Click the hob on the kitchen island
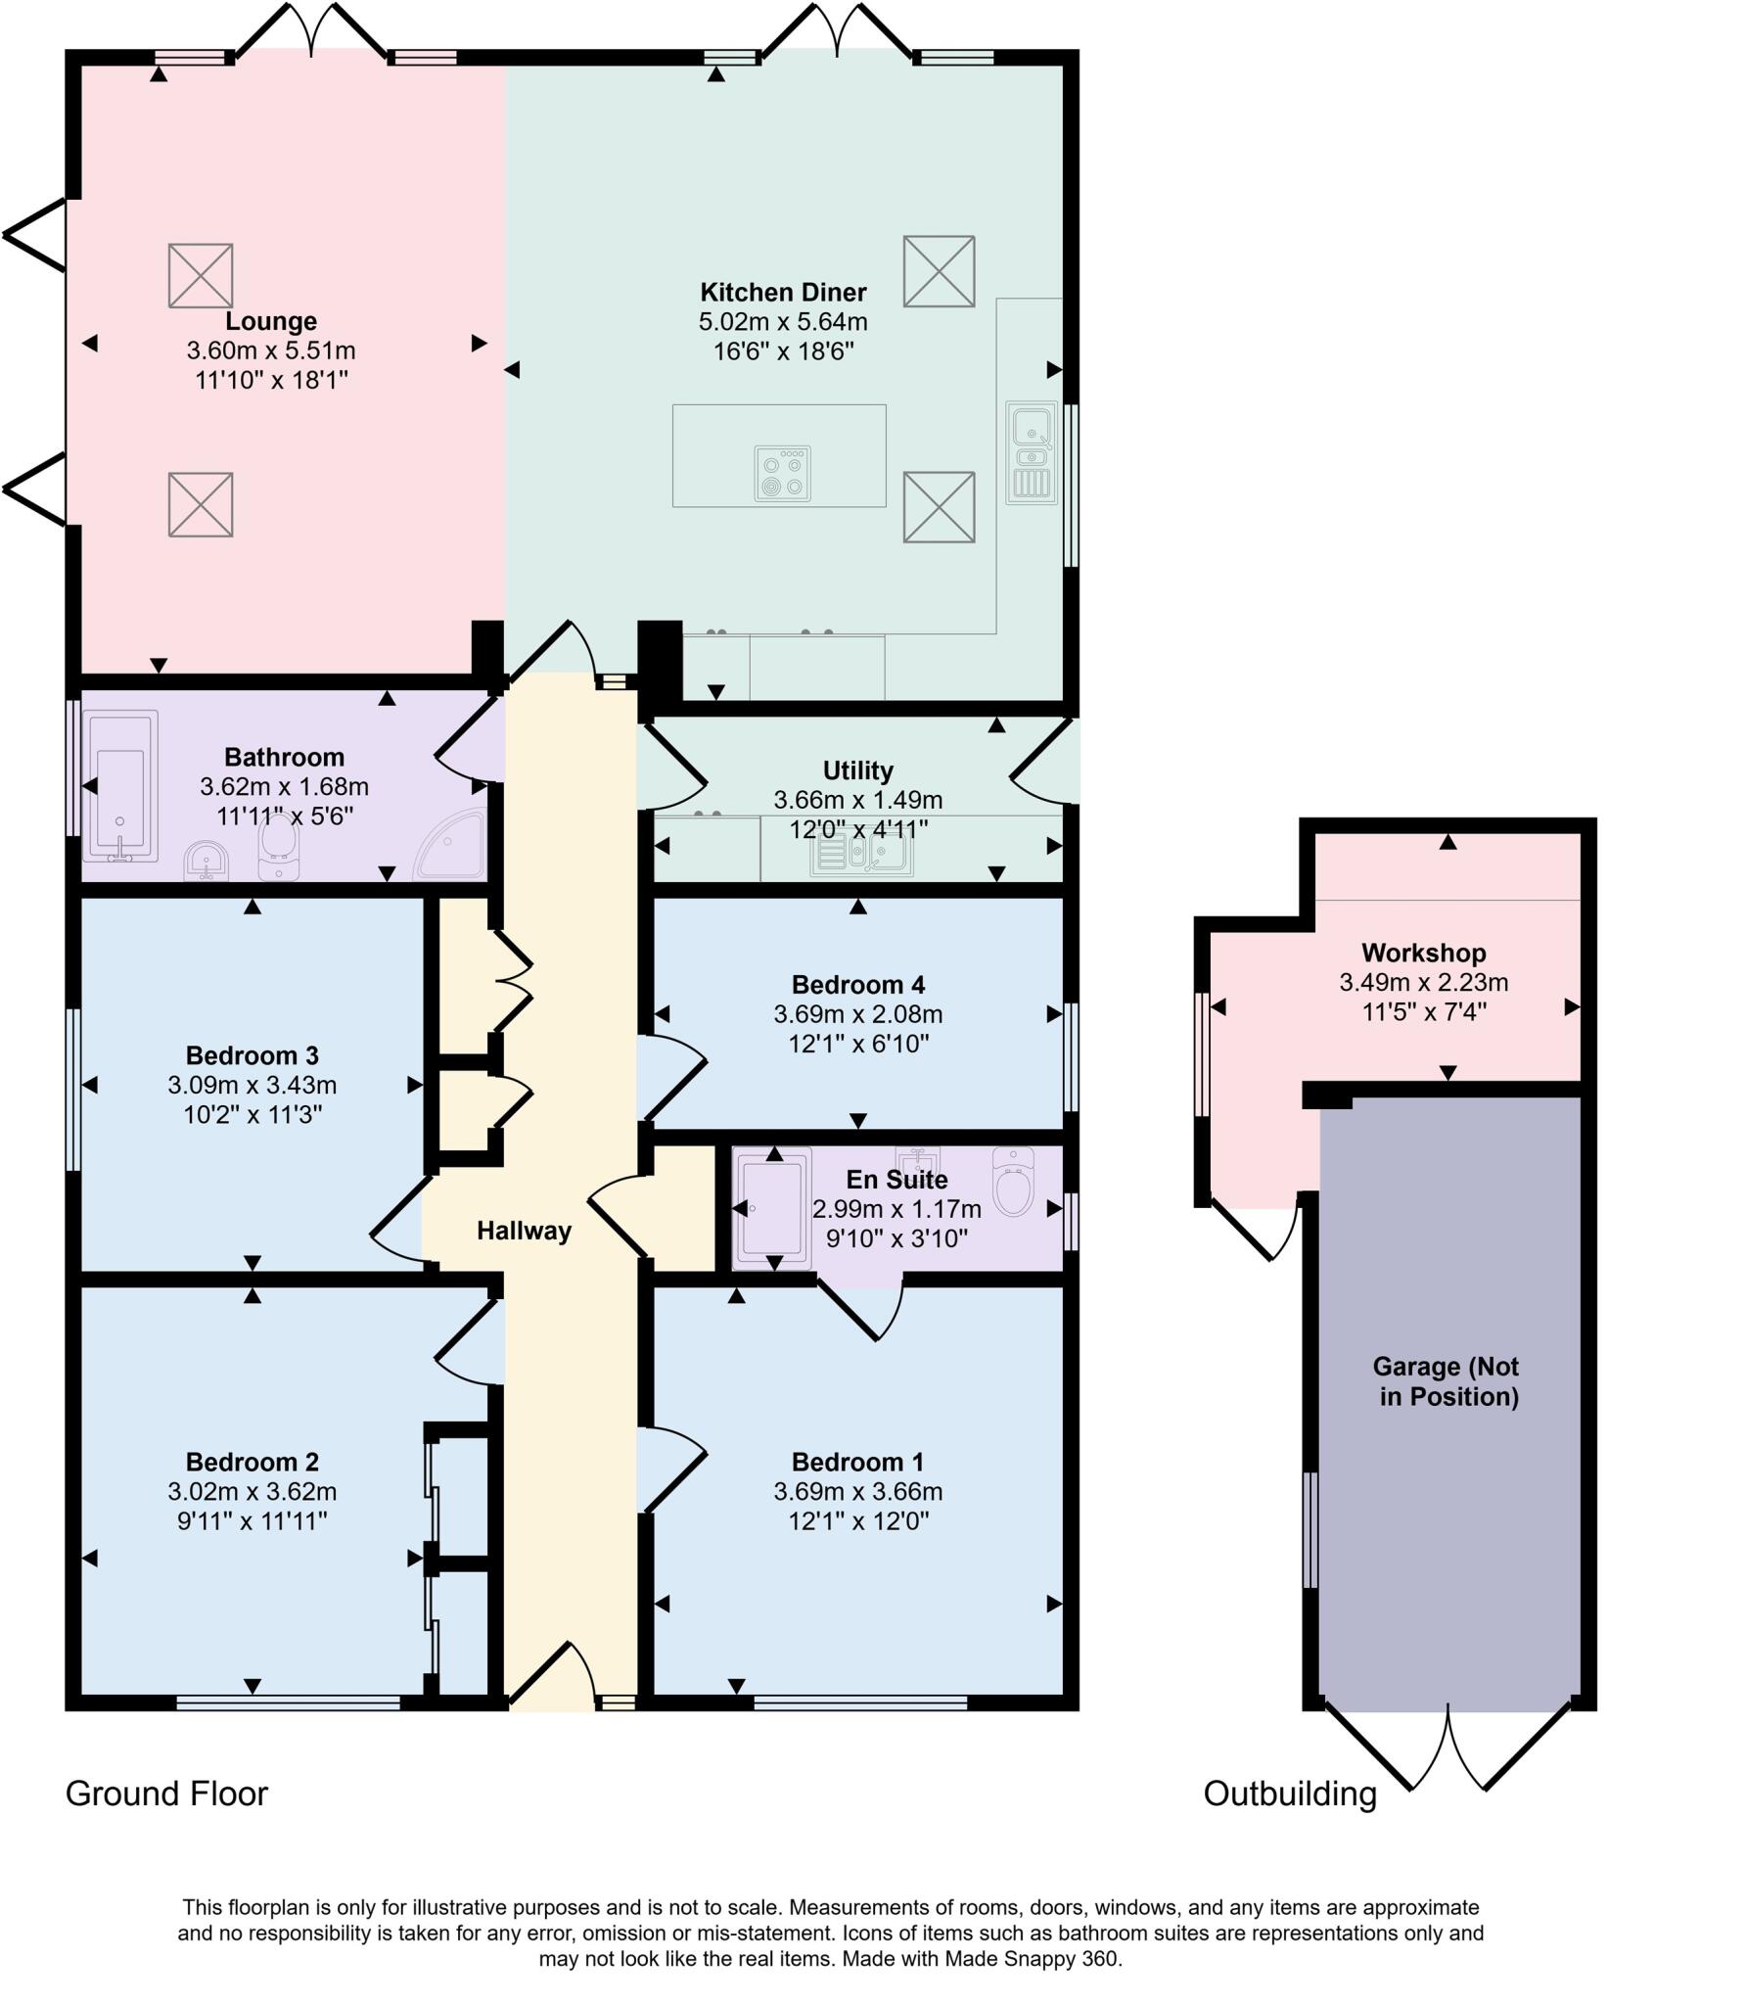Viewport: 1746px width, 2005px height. pos(782,473)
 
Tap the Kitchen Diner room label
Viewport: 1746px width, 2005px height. pos(783,292)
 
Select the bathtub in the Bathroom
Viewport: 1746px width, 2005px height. pos(120,787)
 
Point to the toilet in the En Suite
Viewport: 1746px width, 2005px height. pos(1013,1182)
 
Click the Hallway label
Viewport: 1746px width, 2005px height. pos(524,1231)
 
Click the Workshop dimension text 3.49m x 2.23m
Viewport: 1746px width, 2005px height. pos(1423,982)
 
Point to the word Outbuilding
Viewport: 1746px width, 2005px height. pos(1289,1793)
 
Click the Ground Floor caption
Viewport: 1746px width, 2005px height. pos(166,1793)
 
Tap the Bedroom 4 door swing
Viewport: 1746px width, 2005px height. pos(673,1077)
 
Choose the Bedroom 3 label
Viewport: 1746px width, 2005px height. pos(252,1055)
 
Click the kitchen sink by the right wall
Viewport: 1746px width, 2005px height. pos(1032,452)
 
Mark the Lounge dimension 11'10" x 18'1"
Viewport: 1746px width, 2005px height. pos(271,380)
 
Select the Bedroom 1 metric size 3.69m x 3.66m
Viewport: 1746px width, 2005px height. pos(857,1491)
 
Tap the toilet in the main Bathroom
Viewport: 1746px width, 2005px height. pos(279,848)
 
